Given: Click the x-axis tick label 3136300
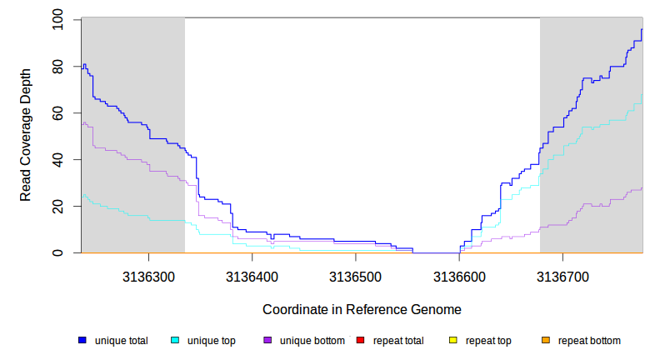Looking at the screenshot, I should coord(148,274).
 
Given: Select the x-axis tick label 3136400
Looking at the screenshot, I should coord(252,274).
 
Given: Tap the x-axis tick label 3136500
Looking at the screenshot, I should coord(356,274).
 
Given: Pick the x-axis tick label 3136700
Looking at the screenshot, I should coord(563,274).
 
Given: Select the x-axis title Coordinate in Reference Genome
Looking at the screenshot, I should coord(362,309).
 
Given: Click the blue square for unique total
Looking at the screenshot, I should coord(82,341).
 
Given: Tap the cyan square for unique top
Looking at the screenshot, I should coord(175,341).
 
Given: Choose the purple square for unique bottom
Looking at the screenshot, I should coord(267,341).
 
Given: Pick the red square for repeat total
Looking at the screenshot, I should coord(360,341).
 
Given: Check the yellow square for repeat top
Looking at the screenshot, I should coord(452,341).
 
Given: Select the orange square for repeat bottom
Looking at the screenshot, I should coord(545,341).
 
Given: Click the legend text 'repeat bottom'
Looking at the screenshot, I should coord(589,341).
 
